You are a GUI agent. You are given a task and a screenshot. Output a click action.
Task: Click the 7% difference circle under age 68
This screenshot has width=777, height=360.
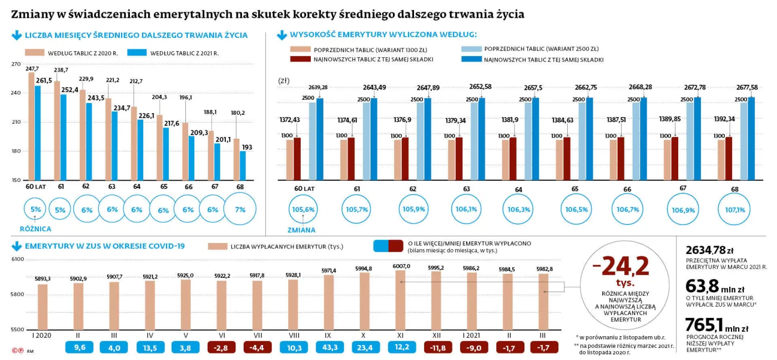click(x=240, y=210)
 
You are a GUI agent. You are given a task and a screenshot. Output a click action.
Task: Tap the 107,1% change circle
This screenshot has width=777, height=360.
click(x=735, y=210)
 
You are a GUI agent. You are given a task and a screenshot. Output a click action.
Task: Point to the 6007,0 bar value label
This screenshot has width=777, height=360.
click(x=401, y=266)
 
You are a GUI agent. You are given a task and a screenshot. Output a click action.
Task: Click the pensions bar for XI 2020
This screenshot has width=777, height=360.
click(x=401, y=300)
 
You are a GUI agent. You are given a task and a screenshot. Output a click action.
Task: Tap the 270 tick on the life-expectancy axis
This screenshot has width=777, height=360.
click(x=15, y=64)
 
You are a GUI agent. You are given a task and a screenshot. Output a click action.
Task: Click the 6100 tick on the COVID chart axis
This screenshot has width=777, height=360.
click(x=17, y=260)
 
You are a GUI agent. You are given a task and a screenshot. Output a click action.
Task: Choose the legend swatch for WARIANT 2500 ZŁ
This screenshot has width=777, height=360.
click(x=471, y=49)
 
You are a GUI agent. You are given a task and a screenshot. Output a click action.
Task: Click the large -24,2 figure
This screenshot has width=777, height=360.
click(x=621, y=266)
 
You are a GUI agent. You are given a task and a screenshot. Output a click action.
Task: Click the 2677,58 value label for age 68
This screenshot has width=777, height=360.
click(x=746, y=87)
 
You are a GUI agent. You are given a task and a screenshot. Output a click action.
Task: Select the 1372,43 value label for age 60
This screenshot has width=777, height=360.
click(x=290, y=120)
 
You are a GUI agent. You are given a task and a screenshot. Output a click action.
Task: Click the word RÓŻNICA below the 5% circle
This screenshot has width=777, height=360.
click(x=36, y=228)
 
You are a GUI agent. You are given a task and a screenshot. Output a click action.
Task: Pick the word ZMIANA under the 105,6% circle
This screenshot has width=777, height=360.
click(x=301, y=230)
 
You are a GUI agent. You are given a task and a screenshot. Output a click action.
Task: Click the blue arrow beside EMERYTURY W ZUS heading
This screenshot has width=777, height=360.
click(x=16, y=246)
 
